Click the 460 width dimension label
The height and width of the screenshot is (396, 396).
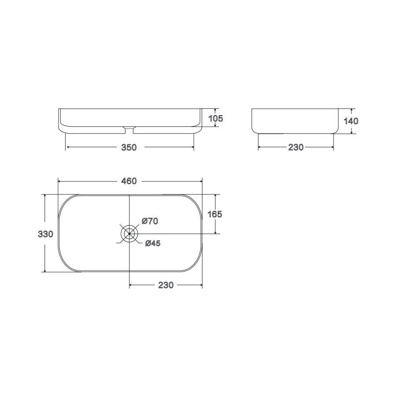coord(129,181)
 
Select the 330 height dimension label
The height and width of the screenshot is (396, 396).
coord(45,234)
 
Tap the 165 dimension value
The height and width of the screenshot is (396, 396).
coord(215,214)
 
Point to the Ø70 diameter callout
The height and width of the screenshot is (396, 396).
coord(150,221)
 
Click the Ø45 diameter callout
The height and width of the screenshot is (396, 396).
coord(153,243)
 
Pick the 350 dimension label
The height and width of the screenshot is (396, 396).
coord(129,147)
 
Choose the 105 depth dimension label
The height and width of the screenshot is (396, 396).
coord(216,118)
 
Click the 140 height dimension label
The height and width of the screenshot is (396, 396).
coord(351,121)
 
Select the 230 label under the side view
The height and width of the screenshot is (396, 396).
coord(296,147)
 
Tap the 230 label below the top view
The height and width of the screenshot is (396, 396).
coord(166,285)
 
